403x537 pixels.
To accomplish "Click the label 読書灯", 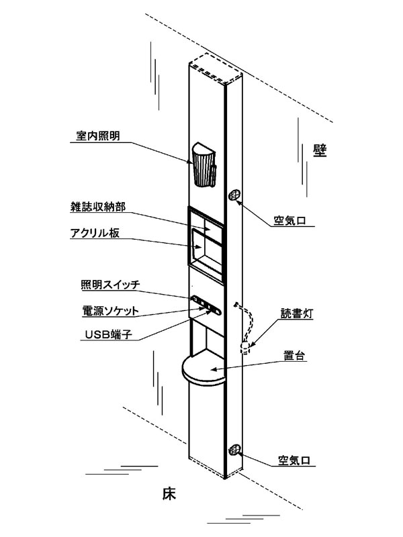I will tap(296, 313).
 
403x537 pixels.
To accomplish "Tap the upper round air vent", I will tap(234, 195).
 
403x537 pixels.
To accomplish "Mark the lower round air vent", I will tap(235, 451).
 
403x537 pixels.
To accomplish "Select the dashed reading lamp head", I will tap(244, 346).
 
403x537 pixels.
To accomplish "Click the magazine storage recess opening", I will tap(205, 245).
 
